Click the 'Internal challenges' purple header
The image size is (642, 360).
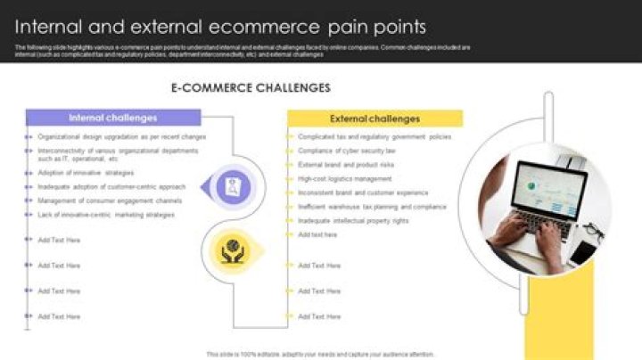coord(113,118)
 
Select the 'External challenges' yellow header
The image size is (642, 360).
coord(374,119)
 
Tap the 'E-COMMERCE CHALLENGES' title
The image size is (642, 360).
coord(250,88)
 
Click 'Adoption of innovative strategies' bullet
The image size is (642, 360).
coord(86,173)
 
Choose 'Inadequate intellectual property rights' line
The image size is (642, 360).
coord(353,220)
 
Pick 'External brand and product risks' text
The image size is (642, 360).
coord(346,165)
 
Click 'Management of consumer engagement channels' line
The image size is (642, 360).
coord(110,201)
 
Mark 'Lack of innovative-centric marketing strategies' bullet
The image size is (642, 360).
coord(106,215)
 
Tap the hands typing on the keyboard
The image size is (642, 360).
coord(526,233)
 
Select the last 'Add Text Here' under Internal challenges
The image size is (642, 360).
coord(59,316)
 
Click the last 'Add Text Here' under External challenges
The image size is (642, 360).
coord(319,316)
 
